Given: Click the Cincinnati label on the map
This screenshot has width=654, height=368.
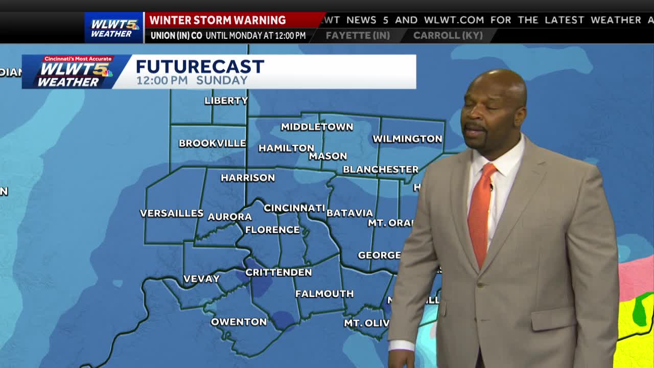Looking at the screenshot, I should (294, 208).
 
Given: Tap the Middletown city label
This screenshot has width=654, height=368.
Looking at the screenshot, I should (317, 127).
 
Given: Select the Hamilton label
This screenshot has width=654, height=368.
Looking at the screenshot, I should (286, 148).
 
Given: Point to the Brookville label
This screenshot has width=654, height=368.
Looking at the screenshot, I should (212, 144).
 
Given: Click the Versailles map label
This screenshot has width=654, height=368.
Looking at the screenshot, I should (172, 213).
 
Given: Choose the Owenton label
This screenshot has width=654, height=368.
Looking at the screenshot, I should (239, 322).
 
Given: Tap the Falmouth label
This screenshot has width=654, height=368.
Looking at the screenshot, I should (324, 294).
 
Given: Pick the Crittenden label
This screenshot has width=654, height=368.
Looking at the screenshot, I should (278, 272).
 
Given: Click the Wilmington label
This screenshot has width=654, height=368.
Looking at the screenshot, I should (407, 139).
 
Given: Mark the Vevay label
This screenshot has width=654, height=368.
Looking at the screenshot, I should (201, 279).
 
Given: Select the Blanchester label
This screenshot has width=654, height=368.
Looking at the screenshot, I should (381, 170).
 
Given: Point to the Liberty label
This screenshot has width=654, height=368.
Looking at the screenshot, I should (226, 101).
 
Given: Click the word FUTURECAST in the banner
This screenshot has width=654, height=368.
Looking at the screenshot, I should (200, 66).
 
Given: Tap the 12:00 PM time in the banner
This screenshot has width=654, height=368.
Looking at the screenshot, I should (162, 81).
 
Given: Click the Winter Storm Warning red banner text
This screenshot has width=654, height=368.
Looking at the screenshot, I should (218, 20).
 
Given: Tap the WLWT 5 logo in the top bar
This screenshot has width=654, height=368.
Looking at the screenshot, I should (114, 27).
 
